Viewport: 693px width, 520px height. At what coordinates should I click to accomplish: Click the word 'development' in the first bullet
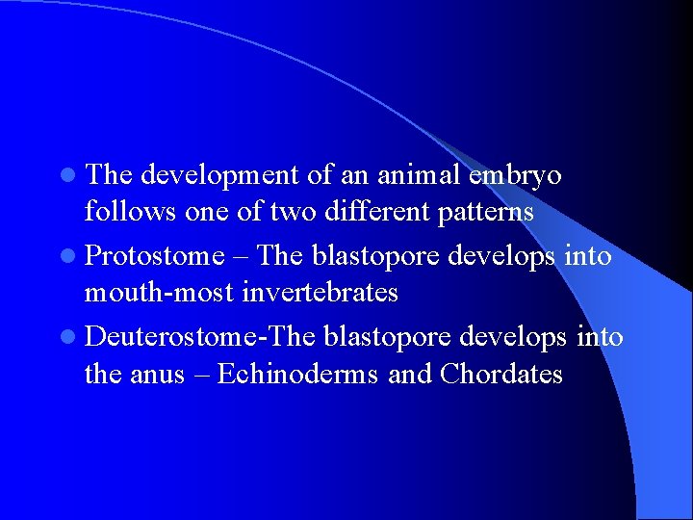(x=219, y=176)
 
